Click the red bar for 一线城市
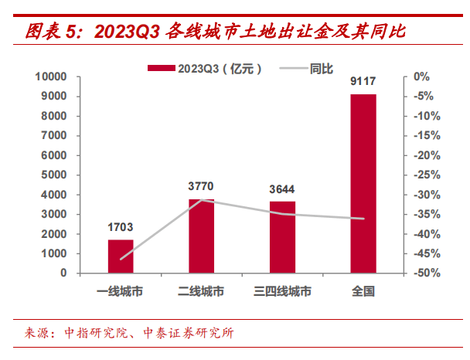pos(121,256)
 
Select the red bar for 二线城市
pos(201,236)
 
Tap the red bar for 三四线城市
pos(282,237)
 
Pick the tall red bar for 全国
pos(363,183)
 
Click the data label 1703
pos(121,228)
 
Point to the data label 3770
pos(201,186)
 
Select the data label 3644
pos(282,189)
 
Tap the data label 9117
pos(363,82)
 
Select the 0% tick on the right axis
pos(421,76)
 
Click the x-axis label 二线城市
pos(201,292)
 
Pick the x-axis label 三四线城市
pos(282,292)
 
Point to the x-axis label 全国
pos(363,292)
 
